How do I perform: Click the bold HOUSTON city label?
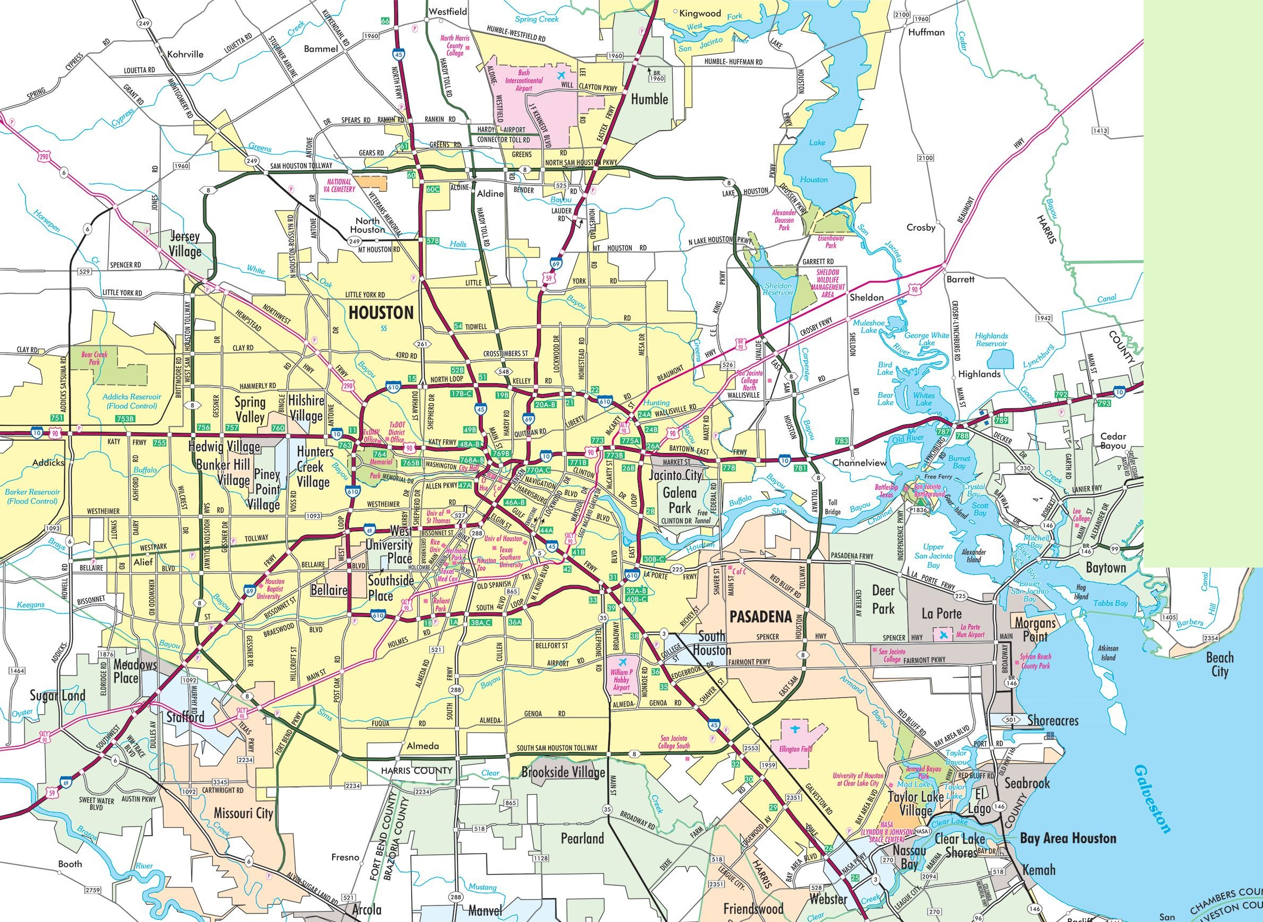click(x=381, y=312)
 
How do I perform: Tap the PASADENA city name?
click(x=760, y=616)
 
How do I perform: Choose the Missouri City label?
click(x=244, y=813)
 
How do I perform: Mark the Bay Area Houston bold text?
click(x=1067, y=838)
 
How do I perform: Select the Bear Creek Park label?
click(x=94, y=358)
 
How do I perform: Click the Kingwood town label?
click(x=701, y=13)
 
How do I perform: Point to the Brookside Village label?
click(x=563, y=772)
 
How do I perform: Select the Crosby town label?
click(x=921, y=227)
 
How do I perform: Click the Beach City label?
click(x=1219, y=664)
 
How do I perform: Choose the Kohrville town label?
click(x=186, y=54)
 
